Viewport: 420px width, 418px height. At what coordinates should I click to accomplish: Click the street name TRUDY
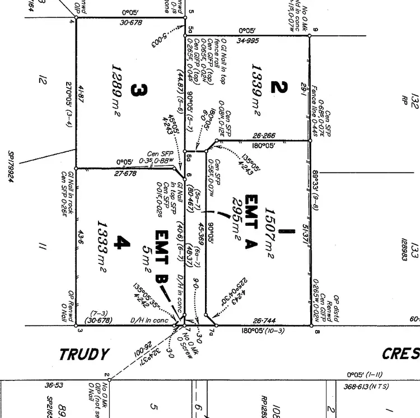click(x=84, y=355)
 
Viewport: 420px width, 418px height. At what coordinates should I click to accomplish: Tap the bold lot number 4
click(x=122, y=243)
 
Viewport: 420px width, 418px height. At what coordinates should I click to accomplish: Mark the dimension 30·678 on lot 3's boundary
click(x=131, y=22)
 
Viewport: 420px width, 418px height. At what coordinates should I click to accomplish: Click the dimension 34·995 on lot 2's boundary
click(x=248, y=40)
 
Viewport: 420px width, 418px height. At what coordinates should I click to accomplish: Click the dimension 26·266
click(x=264, y=135)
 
